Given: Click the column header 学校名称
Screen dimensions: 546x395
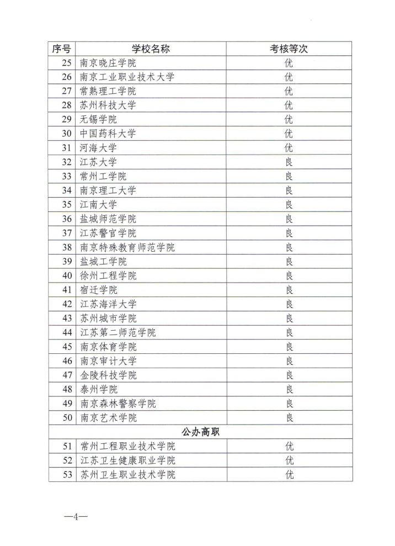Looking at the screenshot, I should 151,49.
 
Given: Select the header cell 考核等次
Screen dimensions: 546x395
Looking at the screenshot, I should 289,49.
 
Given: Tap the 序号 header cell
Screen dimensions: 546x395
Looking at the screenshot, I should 62,49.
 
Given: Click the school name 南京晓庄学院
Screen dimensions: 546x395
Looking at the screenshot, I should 108,63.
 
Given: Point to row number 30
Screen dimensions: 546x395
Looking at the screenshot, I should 67,134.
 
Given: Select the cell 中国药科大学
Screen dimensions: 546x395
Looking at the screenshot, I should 108,134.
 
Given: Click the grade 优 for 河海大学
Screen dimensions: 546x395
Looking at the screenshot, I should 289,148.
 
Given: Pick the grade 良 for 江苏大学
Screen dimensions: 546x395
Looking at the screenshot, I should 289,162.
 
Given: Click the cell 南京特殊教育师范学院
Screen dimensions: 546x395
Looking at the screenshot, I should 127,247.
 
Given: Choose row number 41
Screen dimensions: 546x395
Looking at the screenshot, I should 67,290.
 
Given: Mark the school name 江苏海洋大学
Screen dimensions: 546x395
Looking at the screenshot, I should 108,304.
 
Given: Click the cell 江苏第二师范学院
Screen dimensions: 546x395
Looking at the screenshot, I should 118,332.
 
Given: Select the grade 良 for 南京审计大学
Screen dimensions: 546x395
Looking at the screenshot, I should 289,361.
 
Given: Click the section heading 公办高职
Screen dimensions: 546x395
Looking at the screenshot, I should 200,432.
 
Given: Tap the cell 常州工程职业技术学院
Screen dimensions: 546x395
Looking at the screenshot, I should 127,446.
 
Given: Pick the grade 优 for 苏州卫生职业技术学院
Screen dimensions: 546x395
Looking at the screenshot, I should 289,474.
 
